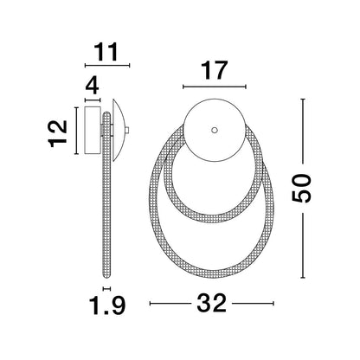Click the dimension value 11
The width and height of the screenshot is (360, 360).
[x=106, y=52]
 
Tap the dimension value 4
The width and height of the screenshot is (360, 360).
[x=92, y=86]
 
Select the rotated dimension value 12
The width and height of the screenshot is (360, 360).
[x=58, y=134]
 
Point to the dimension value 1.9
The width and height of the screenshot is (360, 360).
[x=107, y=305]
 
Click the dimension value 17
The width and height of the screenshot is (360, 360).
[x=215, y=70]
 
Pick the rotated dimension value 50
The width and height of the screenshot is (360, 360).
[x=302, y=189]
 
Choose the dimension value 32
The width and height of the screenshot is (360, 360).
[x=211, y=303]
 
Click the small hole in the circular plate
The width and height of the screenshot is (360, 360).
[x=214, y=130]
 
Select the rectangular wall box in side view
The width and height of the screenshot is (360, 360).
[x=93, y=131]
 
